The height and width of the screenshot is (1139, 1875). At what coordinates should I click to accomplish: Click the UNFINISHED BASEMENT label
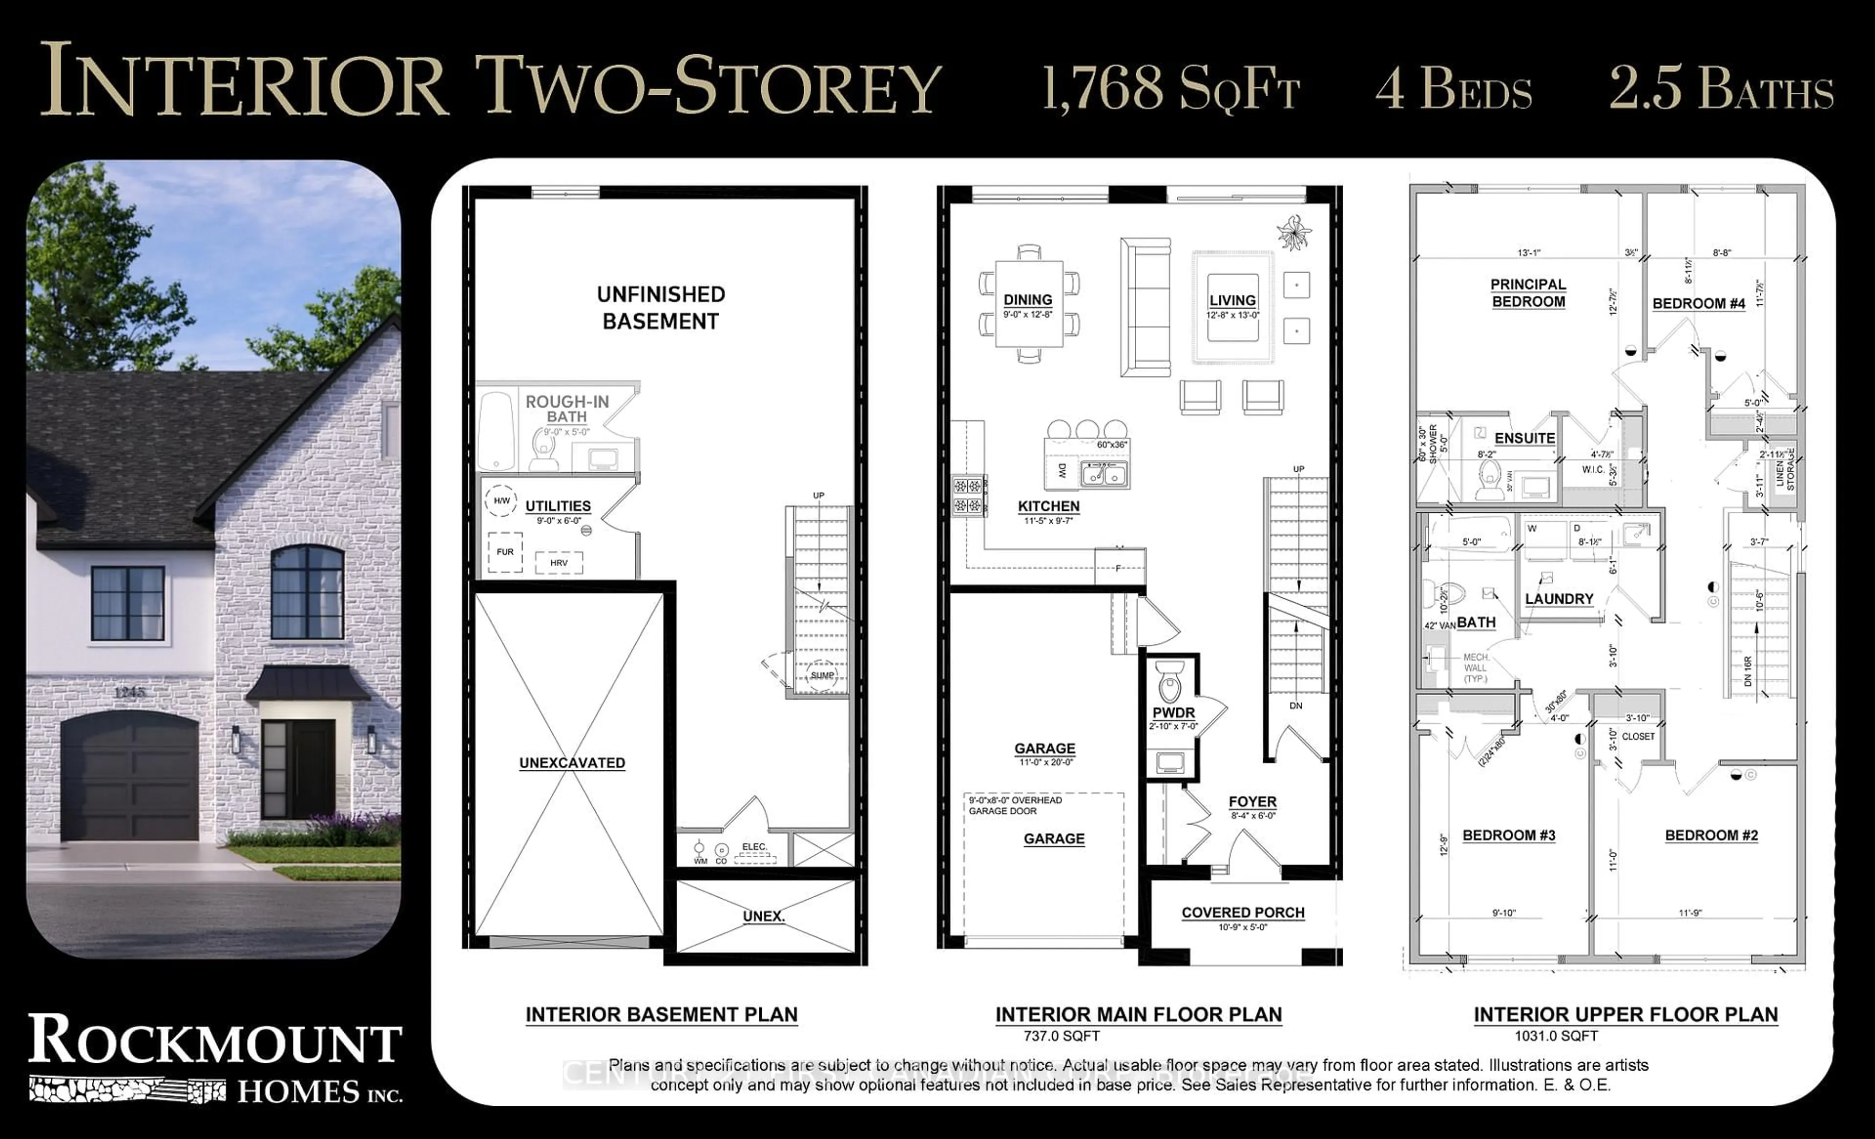[661, 308]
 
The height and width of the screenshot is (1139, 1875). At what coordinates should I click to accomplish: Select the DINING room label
[1027, 300]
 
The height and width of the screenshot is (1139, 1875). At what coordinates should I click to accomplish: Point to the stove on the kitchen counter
[968, 495]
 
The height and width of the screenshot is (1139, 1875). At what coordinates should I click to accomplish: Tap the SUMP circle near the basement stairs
[822, 675]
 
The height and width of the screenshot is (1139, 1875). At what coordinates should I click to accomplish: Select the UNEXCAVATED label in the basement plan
[572, 763]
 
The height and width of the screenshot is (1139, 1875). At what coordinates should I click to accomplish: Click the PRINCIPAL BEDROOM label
[1528, 293]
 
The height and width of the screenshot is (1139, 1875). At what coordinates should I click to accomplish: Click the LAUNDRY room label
[1559, 599]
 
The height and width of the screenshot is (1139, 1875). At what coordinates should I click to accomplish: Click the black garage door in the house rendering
[130, 778]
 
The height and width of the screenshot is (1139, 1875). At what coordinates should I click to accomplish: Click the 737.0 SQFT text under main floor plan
[1062, 1036]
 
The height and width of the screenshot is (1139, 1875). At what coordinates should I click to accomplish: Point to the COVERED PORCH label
[1243, 912]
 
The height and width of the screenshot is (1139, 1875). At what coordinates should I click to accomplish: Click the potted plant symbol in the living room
[1293, 232]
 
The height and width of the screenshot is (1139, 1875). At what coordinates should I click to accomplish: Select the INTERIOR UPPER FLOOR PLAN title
[1625, 1015]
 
